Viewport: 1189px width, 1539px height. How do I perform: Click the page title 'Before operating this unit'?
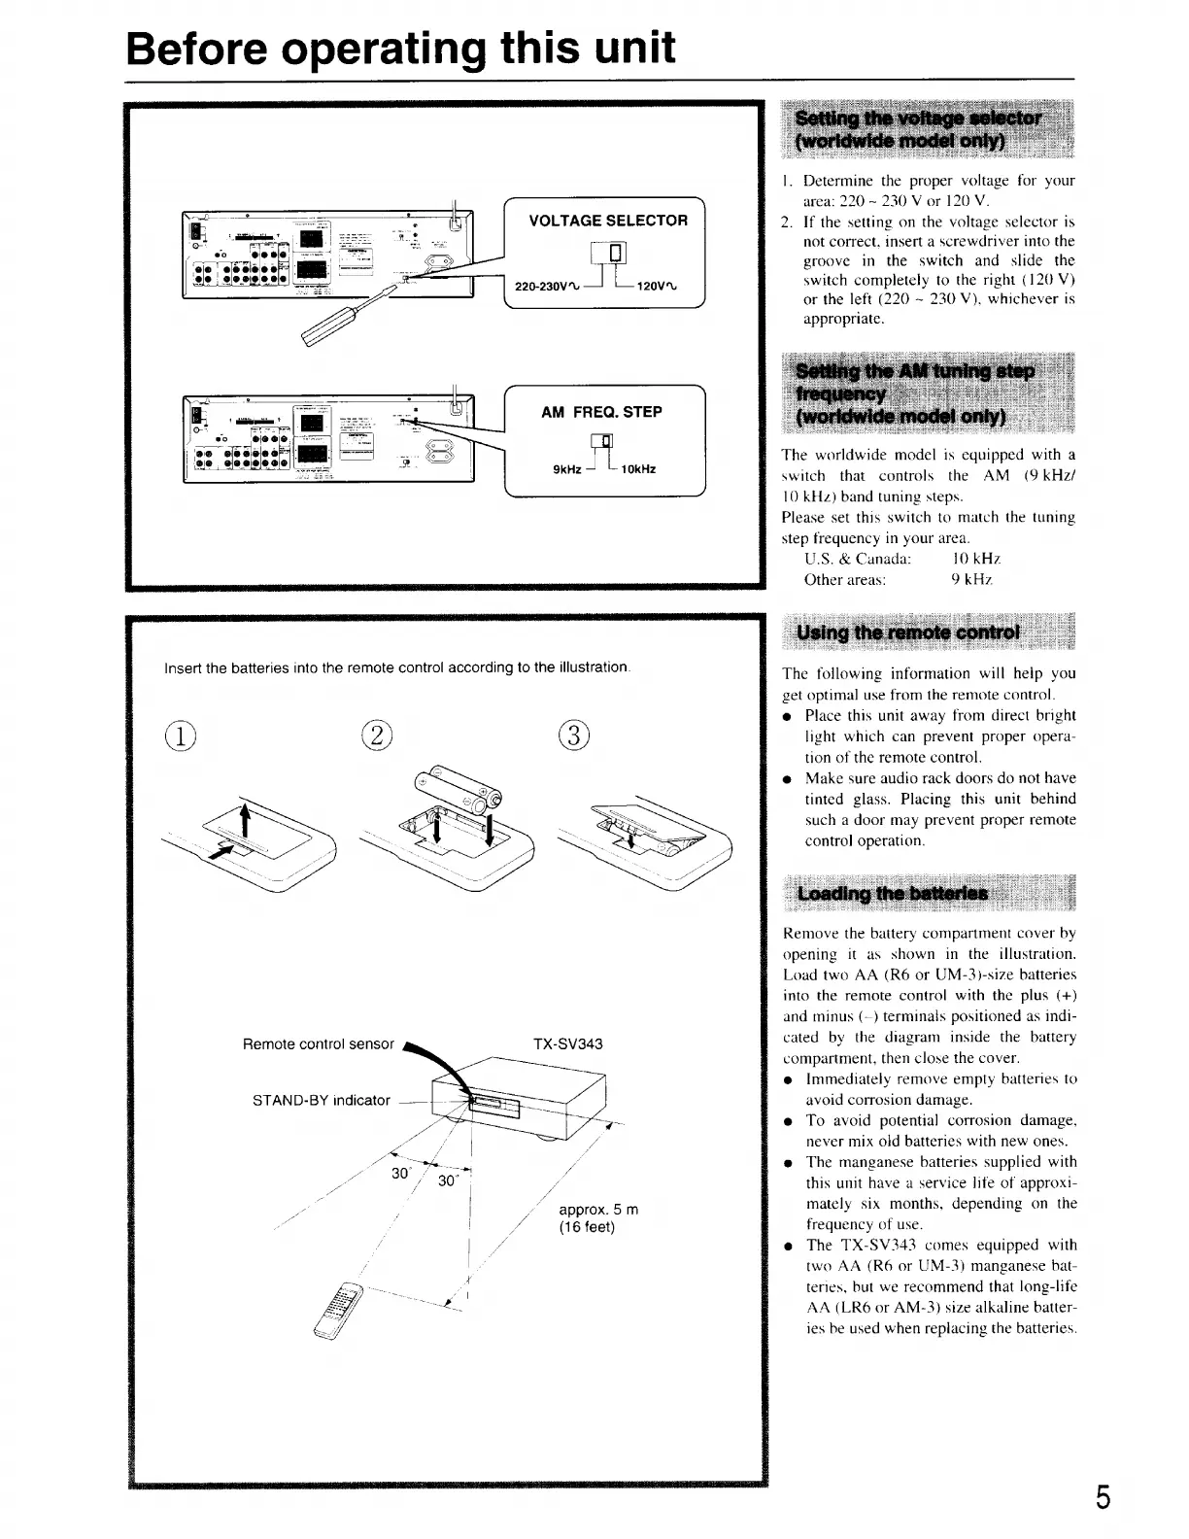400,48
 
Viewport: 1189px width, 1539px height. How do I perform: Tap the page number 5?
1103,1497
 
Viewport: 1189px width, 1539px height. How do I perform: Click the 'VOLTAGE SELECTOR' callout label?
608,221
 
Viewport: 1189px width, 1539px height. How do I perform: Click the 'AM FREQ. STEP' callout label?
601,412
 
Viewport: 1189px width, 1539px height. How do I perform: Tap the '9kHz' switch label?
566,470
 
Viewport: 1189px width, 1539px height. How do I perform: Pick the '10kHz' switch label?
637,470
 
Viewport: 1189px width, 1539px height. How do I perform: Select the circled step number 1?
181,735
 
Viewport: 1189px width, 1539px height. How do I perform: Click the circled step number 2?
376,735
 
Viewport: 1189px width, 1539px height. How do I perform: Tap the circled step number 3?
574,735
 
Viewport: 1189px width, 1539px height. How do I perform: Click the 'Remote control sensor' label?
318,1044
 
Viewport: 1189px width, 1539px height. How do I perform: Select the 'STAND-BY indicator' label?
321,1101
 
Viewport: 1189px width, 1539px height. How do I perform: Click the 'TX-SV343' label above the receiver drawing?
568,1044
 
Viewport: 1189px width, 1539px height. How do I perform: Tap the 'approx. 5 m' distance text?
598,1210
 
